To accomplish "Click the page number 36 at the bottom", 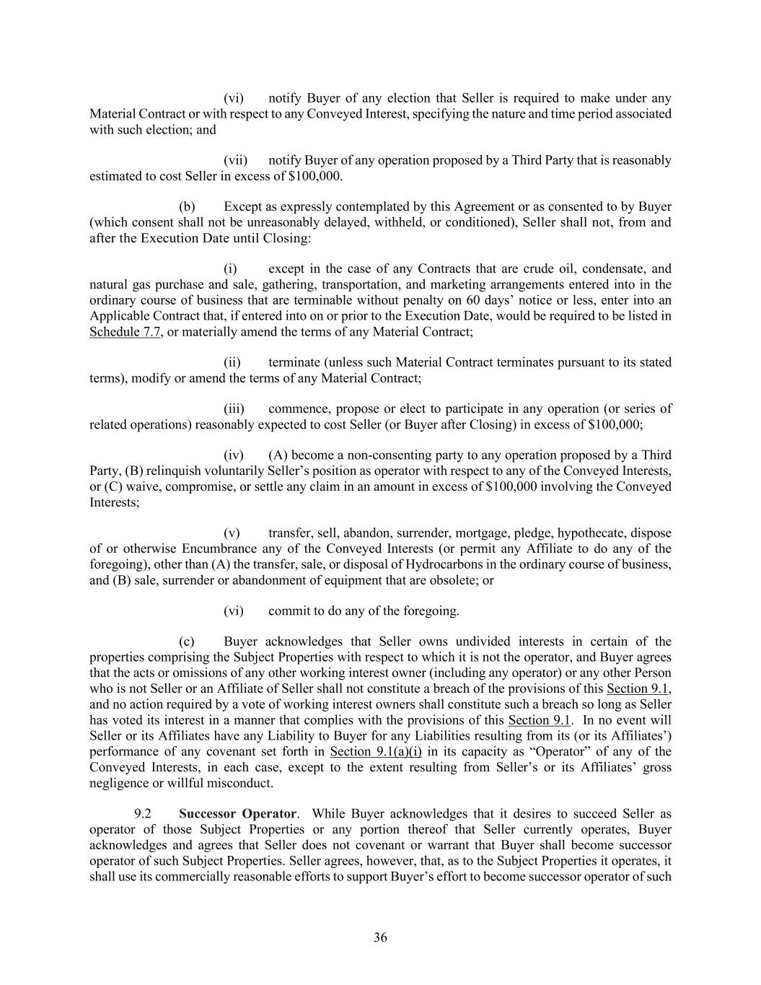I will click(x=380, y=937).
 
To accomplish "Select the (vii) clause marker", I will click(x=236, y=159).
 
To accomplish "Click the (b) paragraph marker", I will click(x=187, y=206).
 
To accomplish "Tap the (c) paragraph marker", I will click(x=187, y=642).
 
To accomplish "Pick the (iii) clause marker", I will click(x=234, y=408).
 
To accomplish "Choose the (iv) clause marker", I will click(x=234, y=455).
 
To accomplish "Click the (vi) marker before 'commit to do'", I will click(x=234, y=610).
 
